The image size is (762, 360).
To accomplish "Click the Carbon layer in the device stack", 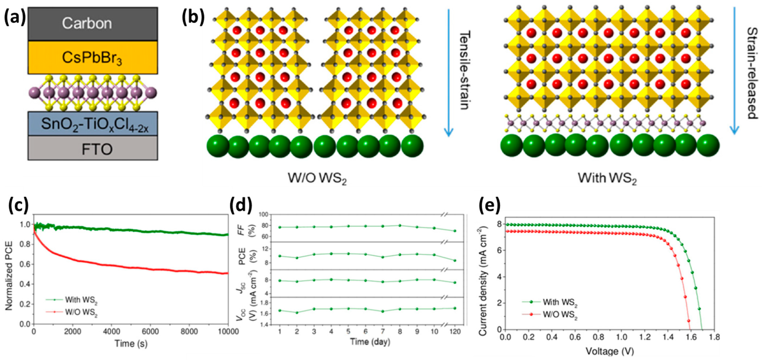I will tap(93, 24).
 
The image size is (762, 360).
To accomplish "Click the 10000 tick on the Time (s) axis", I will tap(228, 332).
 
